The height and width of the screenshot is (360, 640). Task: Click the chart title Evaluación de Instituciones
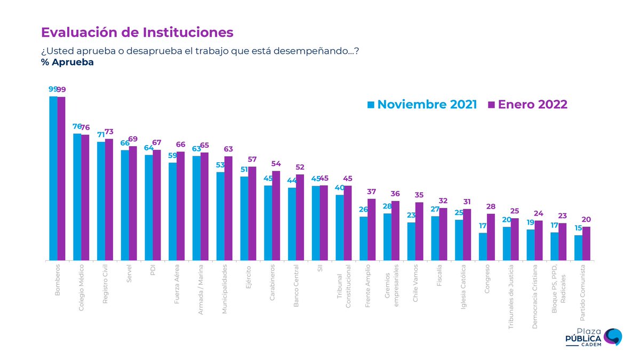pos(137,33)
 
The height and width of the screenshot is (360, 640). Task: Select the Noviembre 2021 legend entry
pos(422,105)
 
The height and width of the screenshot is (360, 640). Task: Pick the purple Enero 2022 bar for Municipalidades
pos(228,208)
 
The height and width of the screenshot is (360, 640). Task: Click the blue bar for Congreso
pos(483,246)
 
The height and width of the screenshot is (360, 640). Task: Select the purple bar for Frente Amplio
pos(372,229)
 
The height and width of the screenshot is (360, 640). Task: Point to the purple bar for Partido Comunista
pos(586,243)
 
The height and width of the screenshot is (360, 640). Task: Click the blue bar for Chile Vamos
pos(411,241)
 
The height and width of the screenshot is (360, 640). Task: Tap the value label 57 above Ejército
pos(252,159)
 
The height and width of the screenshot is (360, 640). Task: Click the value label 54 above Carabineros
pos(276,164)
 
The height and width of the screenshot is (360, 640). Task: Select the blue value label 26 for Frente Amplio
pos(363,210)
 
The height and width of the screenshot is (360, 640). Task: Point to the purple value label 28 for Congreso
pos(491,206)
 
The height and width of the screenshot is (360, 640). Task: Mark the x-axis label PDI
pos(153,270)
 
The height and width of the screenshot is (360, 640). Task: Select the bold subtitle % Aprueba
pos(67,62)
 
